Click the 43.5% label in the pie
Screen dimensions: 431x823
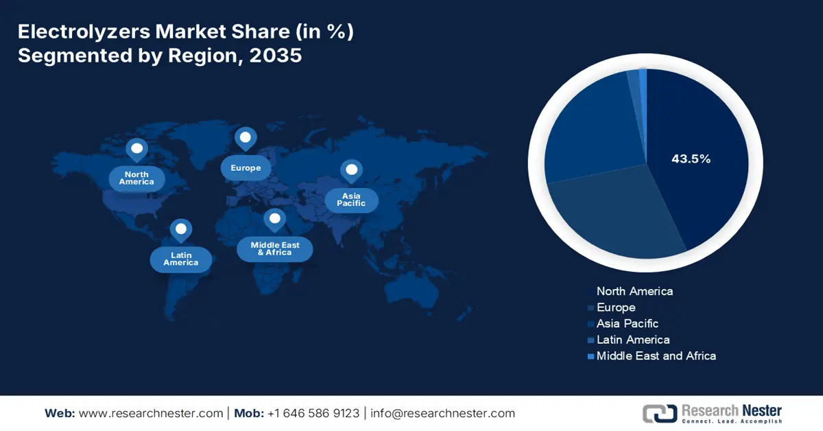[x=691, y=159]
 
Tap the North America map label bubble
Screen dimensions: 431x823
[x=136, y=178]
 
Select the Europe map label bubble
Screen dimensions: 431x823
[x=246, y=168]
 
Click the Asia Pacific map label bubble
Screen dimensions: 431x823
[x=351, y=200]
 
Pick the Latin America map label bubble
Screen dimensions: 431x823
[x=181, y=259]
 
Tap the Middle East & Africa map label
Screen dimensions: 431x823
[x=274, y=248]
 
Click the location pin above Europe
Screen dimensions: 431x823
[x=245, y=139]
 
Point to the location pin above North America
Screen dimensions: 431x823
[x=136, y=149]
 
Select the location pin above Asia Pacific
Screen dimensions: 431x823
[x=352, y=170]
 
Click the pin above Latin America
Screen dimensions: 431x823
[x=180, y=229]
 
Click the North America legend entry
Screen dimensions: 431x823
[x=634, y=291]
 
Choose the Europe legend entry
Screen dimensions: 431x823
[x=616, y=307]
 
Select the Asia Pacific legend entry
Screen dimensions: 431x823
[x=627, y=323]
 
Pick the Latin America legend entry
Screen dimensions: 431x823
[x=632, y=340]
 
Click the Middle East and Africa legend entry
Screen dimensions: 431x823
[x=656, y=356]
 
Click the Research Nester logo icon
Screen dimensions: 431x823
[x=659, y=413]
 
